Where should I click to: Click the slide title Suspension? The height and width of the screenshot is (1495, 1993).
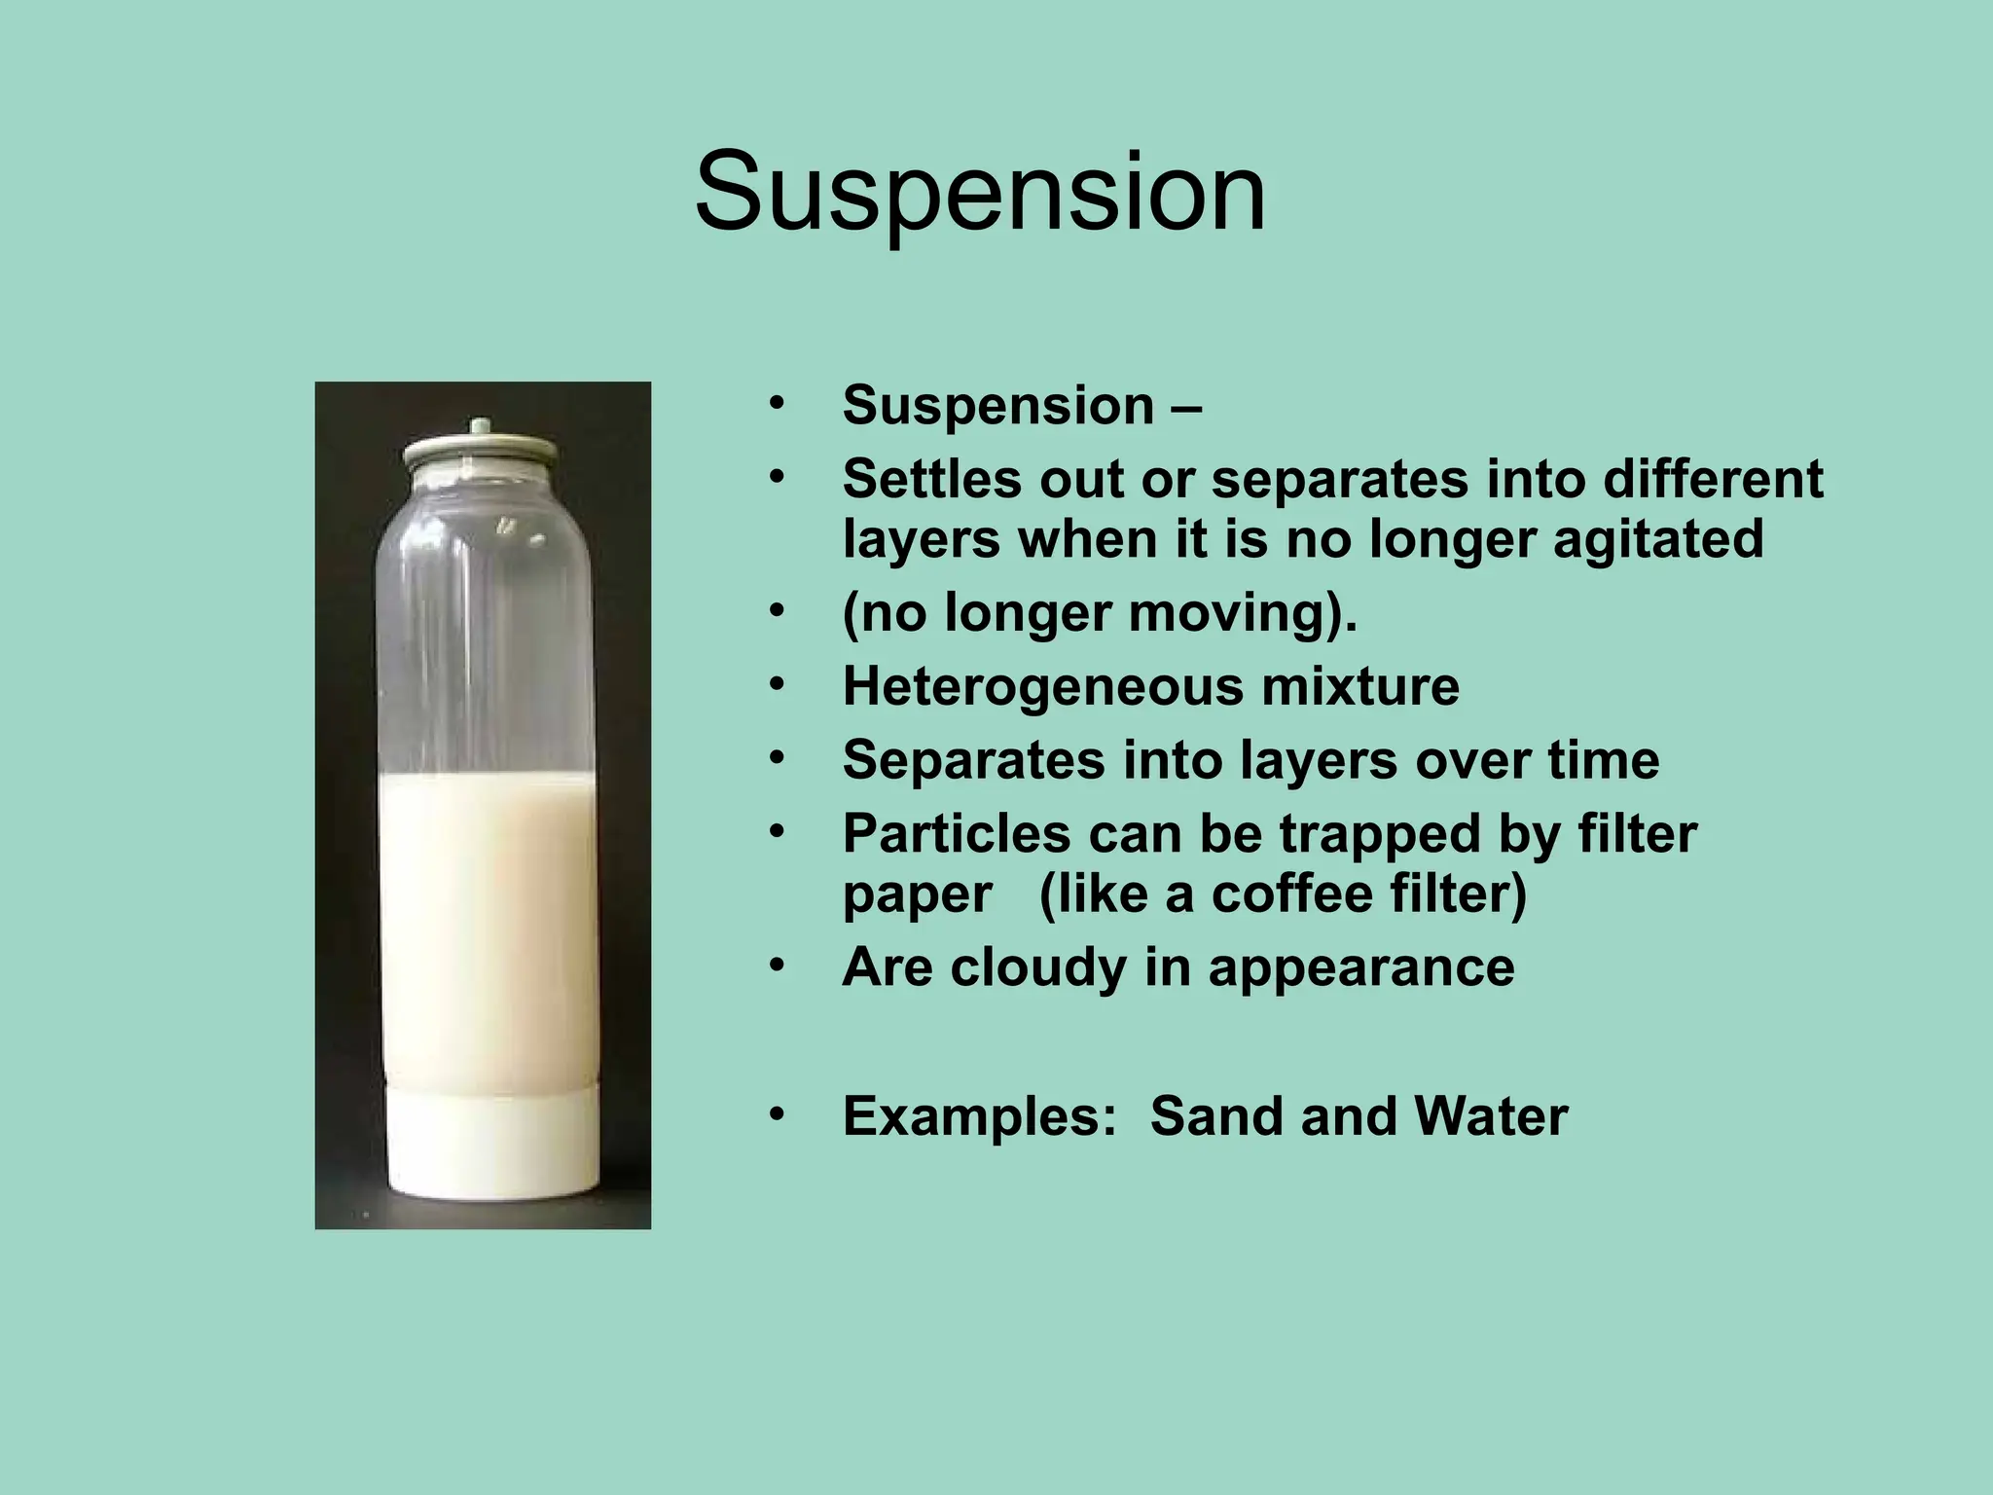980,192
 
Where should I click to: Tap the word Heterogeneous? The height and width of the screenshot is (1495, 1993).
1041,686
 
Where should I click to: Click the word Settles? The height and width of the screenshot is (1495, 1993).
933,479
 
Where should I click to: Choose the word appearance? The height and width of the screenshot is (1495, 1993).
1361,967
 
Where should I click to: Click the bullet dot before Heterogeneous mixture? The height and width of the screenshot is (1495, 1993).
776,685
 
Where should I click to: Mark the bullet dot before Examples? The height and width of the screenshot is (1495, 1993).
776,1115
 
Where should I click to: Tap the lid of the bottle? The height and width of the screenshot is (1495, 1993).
481,454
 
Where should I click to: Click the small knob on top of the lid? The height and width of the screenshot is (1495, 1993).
480,427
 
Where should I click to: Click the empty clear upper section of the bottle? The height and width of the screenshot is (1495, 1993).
484,633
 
